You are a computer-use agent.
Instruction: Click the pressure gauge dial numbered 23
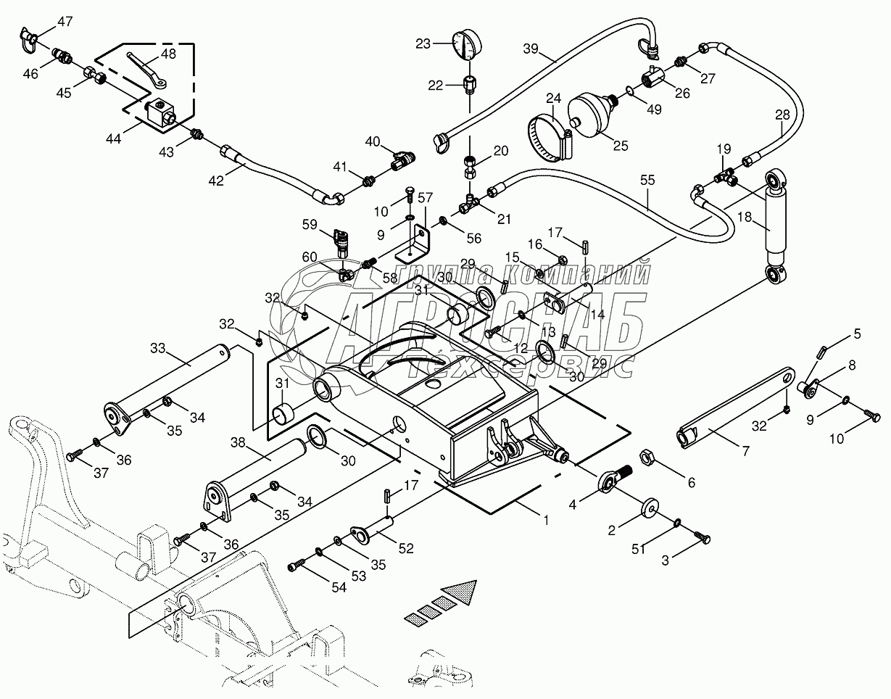pos(465,46)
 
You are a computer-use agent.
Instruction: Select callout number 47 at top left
pos(65,21)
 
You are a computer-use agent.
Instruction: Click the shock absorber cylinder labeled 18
pos(774,220)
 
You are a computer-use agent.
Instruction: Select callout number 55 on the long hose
pos(648,179)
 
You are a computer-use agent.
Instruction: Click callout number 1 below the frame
pos(545,520)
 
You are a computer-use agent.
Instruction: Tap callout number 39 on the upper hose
pos(531,49)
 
